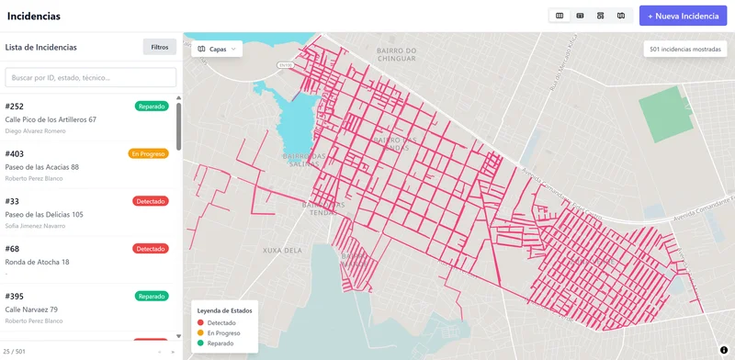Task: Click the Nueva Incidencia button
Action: pos(683,16)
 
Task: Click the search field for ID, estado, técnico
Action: pos(91,77)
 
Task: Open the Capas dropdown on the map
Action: pos(217,49)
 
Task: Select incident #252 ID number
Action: pos(15,107)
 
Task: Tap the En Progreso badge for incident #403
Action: pos(148,153)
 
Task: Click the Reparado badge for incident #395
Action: pos(152,297)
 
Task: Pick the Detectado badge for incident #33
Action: pos(151,201)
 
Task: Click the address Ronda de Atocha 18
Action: pos(38,262)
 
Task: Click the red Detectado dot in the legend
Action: pos(199,322)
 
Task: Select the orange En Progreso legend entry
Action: pos(224,332)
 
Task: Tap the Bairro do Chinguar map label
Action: pos(396,55)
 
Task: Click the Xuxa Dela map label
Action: pos(282,250)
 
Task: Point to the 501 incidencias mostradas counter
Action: pos(684,49)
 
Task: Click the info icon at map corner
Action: pos(724,350)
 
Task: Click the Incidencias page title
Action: pos(34,17)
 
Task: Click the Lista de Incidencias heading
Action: pos(41,47)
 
